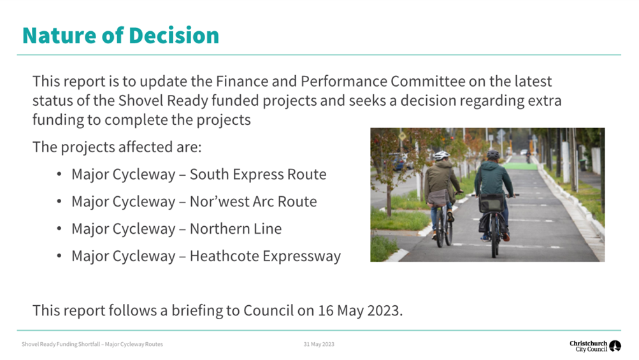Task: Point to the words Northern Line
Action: (x=236, y=229)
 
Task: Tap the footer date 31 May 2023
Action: (x=319, y=344)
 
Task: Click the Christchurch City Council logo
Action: (x=595, y=346)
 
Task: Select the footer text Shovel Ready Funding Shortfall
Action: (x=61, y=344)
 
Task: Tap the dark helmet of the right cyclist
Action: (x=492, y=154)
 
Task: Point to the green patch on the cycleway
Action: (x=521, y=166)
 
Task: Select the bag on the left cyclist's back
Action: (x=438, y=198)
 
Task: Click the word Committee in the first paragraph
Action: (x=428, y=81)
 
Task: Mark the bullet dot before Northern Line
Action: (x=59, y=229)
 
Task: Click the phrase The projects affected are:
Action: (x=117, y=147)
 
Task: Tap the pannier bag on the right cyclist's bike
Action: (x=491, y=203)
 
